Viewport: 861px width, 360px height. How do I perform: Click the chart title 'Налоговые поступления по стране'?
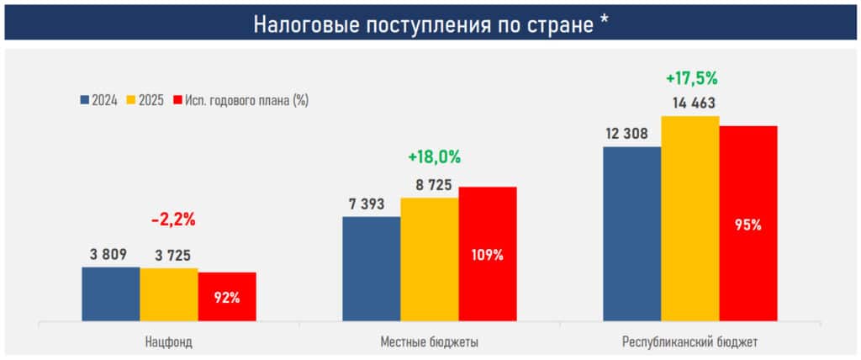pos(430,24)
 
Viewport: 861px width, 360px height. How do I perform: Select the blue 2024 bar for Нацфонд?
pos(111,294)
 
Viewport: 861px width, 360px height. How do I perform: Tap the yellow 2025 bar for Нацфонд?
pos(169,294)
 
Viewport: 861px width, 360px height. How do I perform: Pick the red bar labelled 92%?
pos(227,296)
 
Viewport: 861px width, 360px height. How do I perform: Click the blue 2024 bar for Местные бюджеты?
pos(372,268)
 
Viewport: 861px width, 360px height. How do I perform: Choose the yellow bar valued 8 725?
pos(430,259)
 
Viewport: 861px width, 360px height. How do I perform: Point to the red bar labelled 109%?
pos(488,253)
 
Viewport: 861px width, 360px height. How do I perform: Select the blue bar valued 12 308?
pos(632,233)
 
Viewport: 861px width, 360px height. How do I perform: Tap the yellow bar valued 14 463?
pos(690,218)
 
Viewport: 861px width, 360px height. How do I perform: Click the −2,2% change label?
pos(173,220)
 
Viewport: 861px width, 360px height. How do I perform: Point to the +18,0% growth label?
pos(434,157)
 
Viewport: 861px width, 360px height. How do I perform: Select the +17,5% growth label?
pos(691,78)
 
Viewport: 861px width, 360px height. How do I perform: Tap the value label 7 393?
pos(369,204)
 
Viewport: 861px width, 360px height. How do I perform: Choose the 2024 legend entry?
pos(98,100)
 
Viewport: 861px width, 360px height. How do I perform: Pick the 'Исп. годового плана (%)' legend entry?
pos(240,100)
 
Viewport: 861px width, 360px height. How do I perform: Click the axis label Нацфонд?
pos(169,341)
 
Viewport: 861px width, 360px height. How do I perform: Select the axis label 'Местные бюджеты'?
pos(430,341)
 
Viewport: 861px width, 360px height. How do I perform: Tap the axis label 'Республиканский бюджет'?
pos(690,341)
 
